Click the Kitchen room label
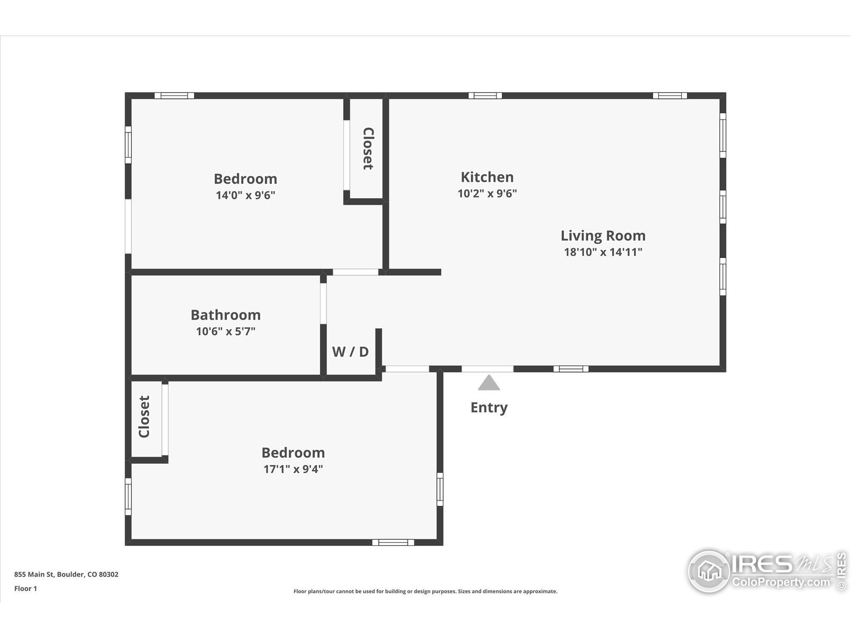click(x=487, y=177)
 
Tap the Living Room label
click(x=603, y=236)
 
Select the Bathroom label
click(x=226, y=315)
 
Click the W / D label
click(x=350, y=352)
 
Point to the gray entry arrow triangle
click(x=489, y=383)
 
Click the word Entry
click(x=489, y=408)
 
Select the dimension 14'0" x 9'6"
click(x=245, y=195)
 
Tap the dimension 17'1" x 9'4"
click(x=293, y=469)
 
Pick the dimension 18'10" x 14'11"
click(x=603, y=252)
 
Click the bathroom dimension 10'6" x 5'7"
click(x=226, y=331)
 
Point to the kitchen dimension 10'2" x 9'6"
click(x=487, y=193)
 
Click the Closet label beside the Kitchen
click(x=368, y=149)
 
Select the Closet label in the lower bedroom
click(x=144, y=416)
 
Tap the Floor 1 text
click(x=25, y=588)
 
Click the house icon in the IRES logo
click(x=709, y=571)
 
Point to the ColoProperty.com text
click(x=781, y=582)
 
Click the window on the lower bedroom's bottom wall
click(x=393, y=542)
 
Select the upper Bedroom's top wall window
click(x=174, y=96)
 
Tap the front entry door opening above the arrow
click(x=487, y=369)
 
